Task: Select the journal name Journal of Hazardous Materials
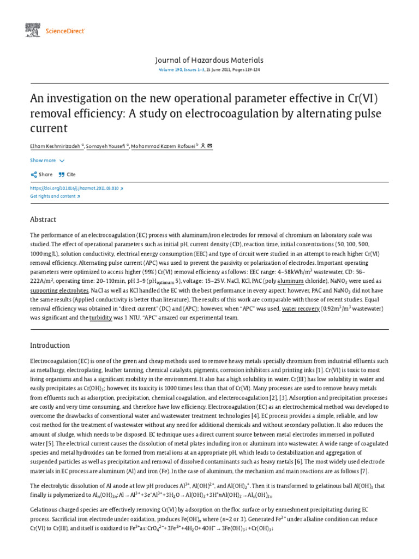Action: pos(209,60)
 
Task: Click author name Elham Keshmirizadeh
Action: pos(55,146)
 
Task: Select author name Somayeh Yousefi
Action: pos(107,146)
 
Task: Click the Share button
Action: pos(41,175)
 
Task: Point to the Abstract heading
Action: pos(43,219)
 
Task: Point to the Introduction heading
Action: pos(50,346)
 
